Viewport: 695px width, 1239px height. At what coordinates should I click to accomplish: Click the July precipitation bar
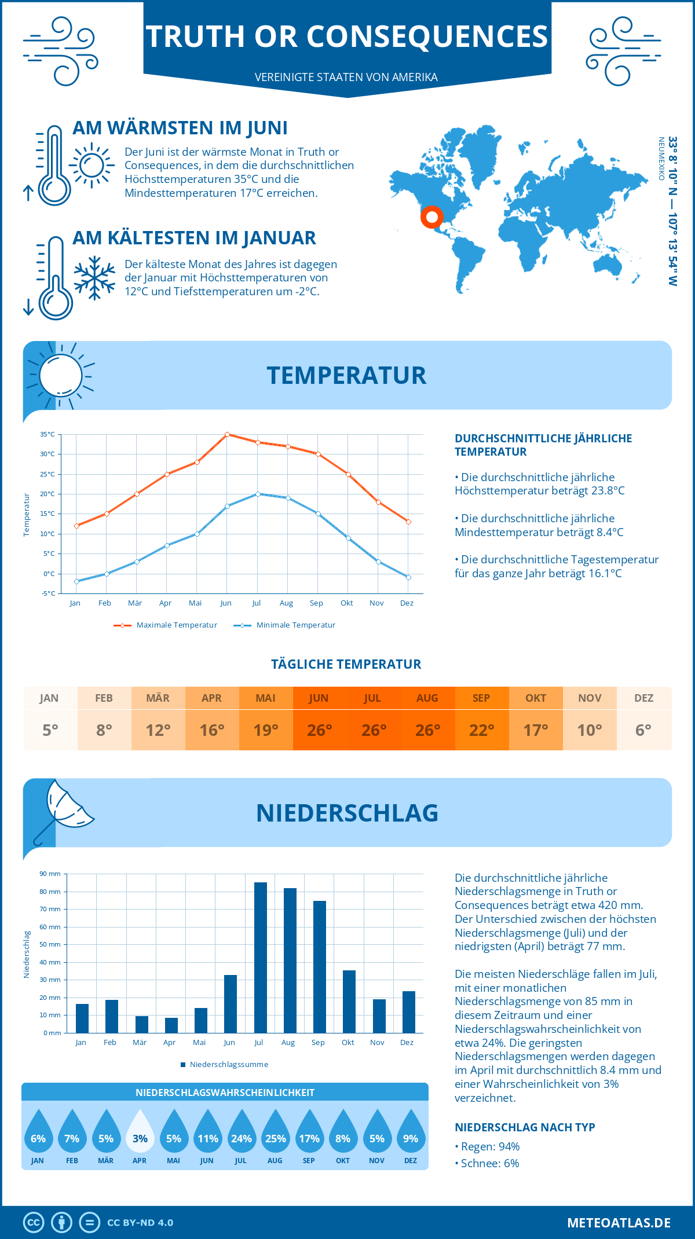(260, 958)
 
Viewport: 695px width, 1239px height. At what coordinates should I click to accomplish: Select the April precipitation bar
(171, 1025)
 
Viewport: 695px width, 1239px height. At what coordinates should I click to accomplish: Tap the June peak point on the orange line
(227, 434)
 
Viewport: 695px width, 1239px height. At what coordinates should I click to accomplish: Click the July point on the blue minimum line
(258, 494)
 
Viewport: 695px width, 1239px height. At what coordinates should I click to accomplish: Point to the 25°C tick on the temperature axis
(47, 474)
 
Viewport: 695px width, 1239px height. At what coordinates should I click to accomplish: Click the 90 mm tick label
(50, 874)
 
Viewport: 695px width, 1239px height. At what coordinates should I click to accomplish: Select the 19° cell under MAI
(266, 730)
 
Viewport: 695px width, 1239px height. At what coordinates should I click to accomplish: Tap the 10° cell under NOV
(590, 730)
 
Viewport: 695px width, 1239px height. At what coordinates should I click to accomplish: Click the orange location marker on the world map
(431, 217)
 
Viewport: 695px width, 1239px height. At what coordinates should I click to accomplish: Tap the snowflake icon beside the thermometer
(94, 277)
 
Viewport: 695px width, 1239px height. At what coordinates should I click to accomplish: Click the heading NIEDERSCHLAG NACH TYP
(525, 1127)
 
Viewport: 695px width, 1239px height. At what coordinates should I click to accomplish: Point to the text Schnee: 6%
(489, 1163)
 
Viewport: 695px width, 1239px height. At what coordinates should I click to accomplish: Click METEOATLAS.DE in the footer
(619, 1223)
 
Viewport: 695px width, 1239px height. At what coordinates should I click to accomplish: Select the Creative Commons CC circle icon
(34, 1223)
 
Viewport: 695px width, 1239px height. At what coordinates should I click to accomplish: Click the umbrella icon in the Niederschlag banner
(64, 808)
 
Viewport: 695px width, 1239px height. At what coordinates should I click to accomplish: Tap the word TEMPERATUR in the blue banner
(346, 375)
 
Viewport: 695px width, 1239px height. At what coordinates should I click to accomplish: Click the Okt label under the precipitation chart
(348, 1042)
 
